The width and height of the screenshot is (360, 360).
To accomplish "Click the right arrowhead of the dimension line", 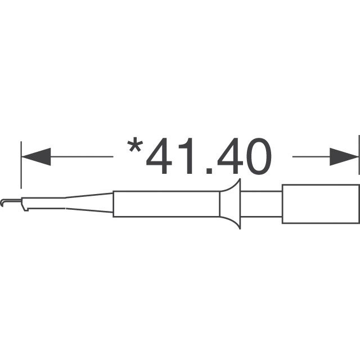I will point(344,157).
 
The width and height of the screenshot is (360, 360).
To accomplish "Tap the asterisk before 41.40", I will point(135,147).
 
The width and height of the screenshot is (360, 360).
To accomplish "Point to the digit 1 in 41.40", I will point(191,157).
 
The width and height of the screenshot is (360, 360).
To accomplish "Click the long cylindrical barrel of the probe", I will point(166,204).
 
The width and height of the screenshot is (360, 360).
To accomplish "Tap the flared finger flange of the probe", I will point(232,204).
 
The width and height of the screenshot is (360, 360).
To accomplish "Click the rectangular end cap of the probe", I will point(320,204).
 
